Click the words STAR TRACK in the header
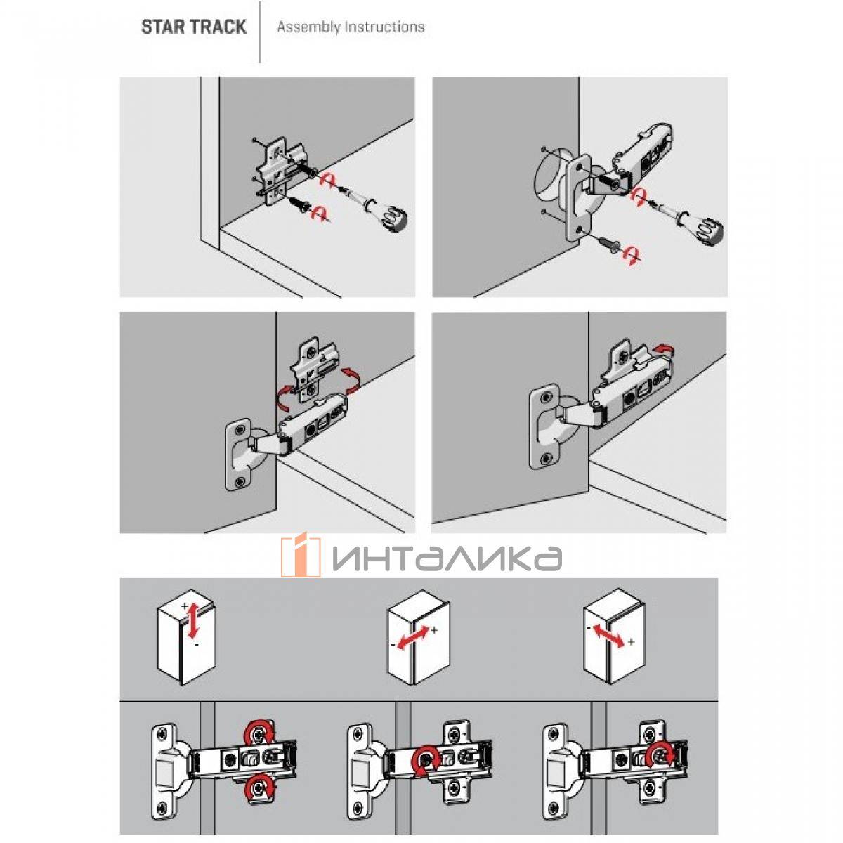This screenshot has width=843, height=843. click(x=193, y=27)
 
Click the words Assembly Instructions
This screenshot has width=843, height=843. click(x=351, y=27)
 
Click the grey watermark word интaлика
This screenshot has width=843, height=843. click(x=447, y=558)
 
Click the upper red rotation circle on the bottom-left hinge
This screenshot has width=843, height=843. click(x=259, y=734)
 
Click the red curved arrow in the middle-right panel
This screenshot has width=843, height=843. click(x=662, y=348)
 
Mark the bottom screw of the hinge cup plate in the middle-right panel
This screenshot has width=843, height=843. click(x=545, y=459)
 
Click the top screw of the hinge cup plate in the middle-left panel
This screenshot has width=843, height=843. click(x=240, y=430)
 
